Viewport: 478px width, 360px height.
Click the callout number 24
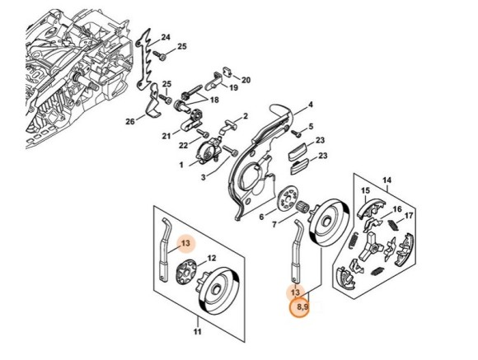coord(166,38)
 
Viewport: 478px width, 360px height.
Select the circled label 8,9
coord(299,307)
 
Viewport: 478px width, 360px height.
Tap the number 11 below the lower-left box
coord(198,331)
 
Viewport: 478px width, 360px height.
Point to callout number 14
coord(387,180)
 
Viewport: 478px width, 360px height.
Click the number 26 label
coord(130,121)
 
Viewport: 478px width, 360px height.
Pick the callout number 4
coord(311,105)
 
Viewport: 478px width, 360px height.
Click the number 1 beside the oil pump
coord(181,165)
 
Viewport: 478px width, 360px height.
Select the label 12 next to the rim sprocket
coord(212,258)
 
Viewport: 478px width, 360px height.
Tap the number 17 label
coord(409,216)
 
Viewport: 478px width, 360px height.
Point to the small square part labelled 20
coord(228,72)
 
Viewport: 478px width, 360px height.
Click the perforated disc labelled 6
coord(287,199)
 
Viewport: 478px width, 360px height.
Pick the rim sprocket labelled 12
coord(186,271)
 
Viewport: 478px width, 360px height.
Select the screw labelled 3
coord(231,151)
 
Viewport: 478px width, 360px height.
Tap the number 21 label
coord(166,135)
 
